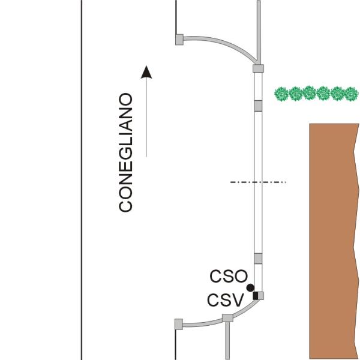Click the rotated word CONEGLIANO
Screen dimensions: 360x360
[125, 152]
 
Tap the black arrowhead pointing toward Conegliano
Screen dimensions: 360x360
[146, 72]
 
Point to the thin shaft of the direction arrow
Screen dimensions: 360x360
[146, 118]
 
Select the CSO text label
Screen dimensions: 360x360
[229, 276]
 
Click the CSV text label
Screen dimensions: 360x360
[225, 300]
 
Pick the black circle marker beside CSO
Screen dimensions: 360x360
[250, 287]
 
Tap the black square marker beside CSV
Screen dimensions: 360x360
[256, 296]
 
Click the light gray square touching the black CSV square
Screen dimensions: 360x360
[261, 296]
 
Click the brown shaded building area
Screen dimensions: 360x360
[334, 241]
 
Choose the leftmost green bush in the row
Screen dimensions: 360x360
[281, 94]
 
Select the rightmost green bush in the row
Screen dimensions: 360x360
[351, 94]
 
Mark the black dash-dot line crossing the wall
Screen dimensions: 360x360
[258, 182]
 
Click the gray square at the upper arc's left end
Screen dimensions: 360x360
[179, 40]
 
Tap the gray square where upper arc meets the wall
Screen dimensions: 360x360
[258, 68]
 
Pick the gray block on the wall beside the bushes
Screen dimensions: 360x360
[258, 106]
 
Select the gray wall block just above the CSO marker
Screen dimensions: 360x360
[258, 259]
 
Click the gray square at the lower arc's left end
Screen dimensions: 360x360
[179, 324]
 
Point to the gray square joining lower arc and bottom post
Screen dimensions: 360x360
[227, 318]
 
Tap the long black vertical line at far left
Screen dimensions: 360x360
[82, 180]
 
